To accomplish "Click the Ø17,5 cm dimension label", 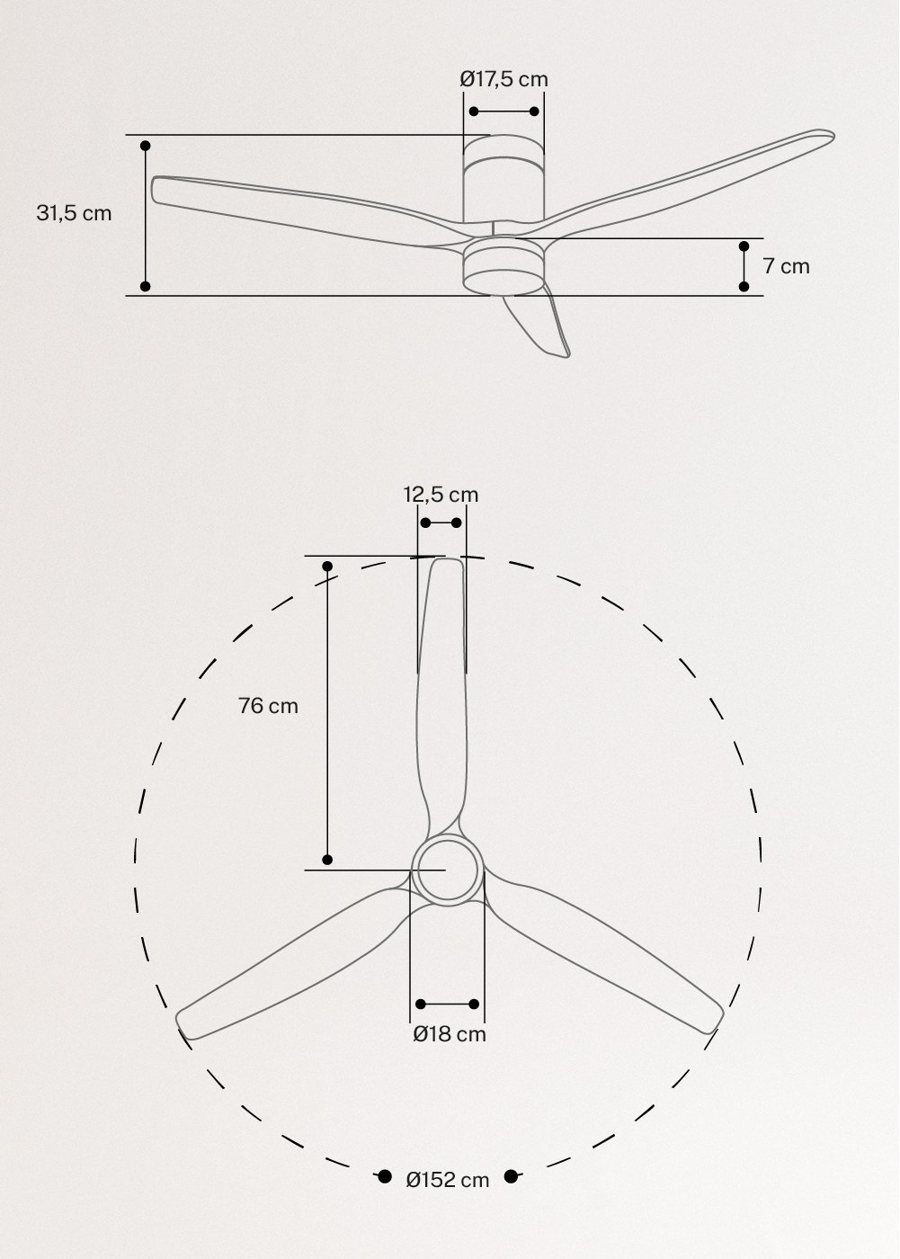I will click(x=503, y=79).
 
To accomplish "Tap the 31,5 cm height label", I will click(x=74, y=213).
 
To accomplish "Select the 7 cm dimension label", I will click(x=786, y=266).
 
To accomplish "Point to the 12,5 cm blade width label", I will click(x=441, y=495).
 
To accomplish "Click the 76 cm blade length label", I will click(x=268, y=706).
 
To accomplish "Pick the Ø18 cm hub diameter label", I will click(x=450, y=1034).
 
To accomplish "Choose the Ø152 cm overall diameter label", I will click(x=448, y=1180).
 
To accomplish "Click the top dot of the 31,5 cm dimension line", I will click(x=146, y=145).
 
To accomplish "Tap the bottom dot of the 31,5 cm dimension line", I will click(x=146, y=286).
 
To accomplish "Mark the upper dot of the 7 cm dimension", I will click(x=744, y=246).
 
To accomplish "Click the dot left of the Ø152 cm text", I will click(x=384, y=1176).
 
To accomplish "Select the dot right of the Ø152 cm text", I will click(x=512, y=1176).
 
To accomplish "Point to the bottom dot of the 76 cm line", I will click(x=327, y=860).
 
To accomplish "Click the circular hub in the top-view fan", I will click(x=447, y=870).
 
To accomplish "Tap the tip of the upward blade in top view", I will click(x=445, y=568).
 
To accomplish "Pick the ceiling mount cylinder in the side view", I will click(x=503, y=184).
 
